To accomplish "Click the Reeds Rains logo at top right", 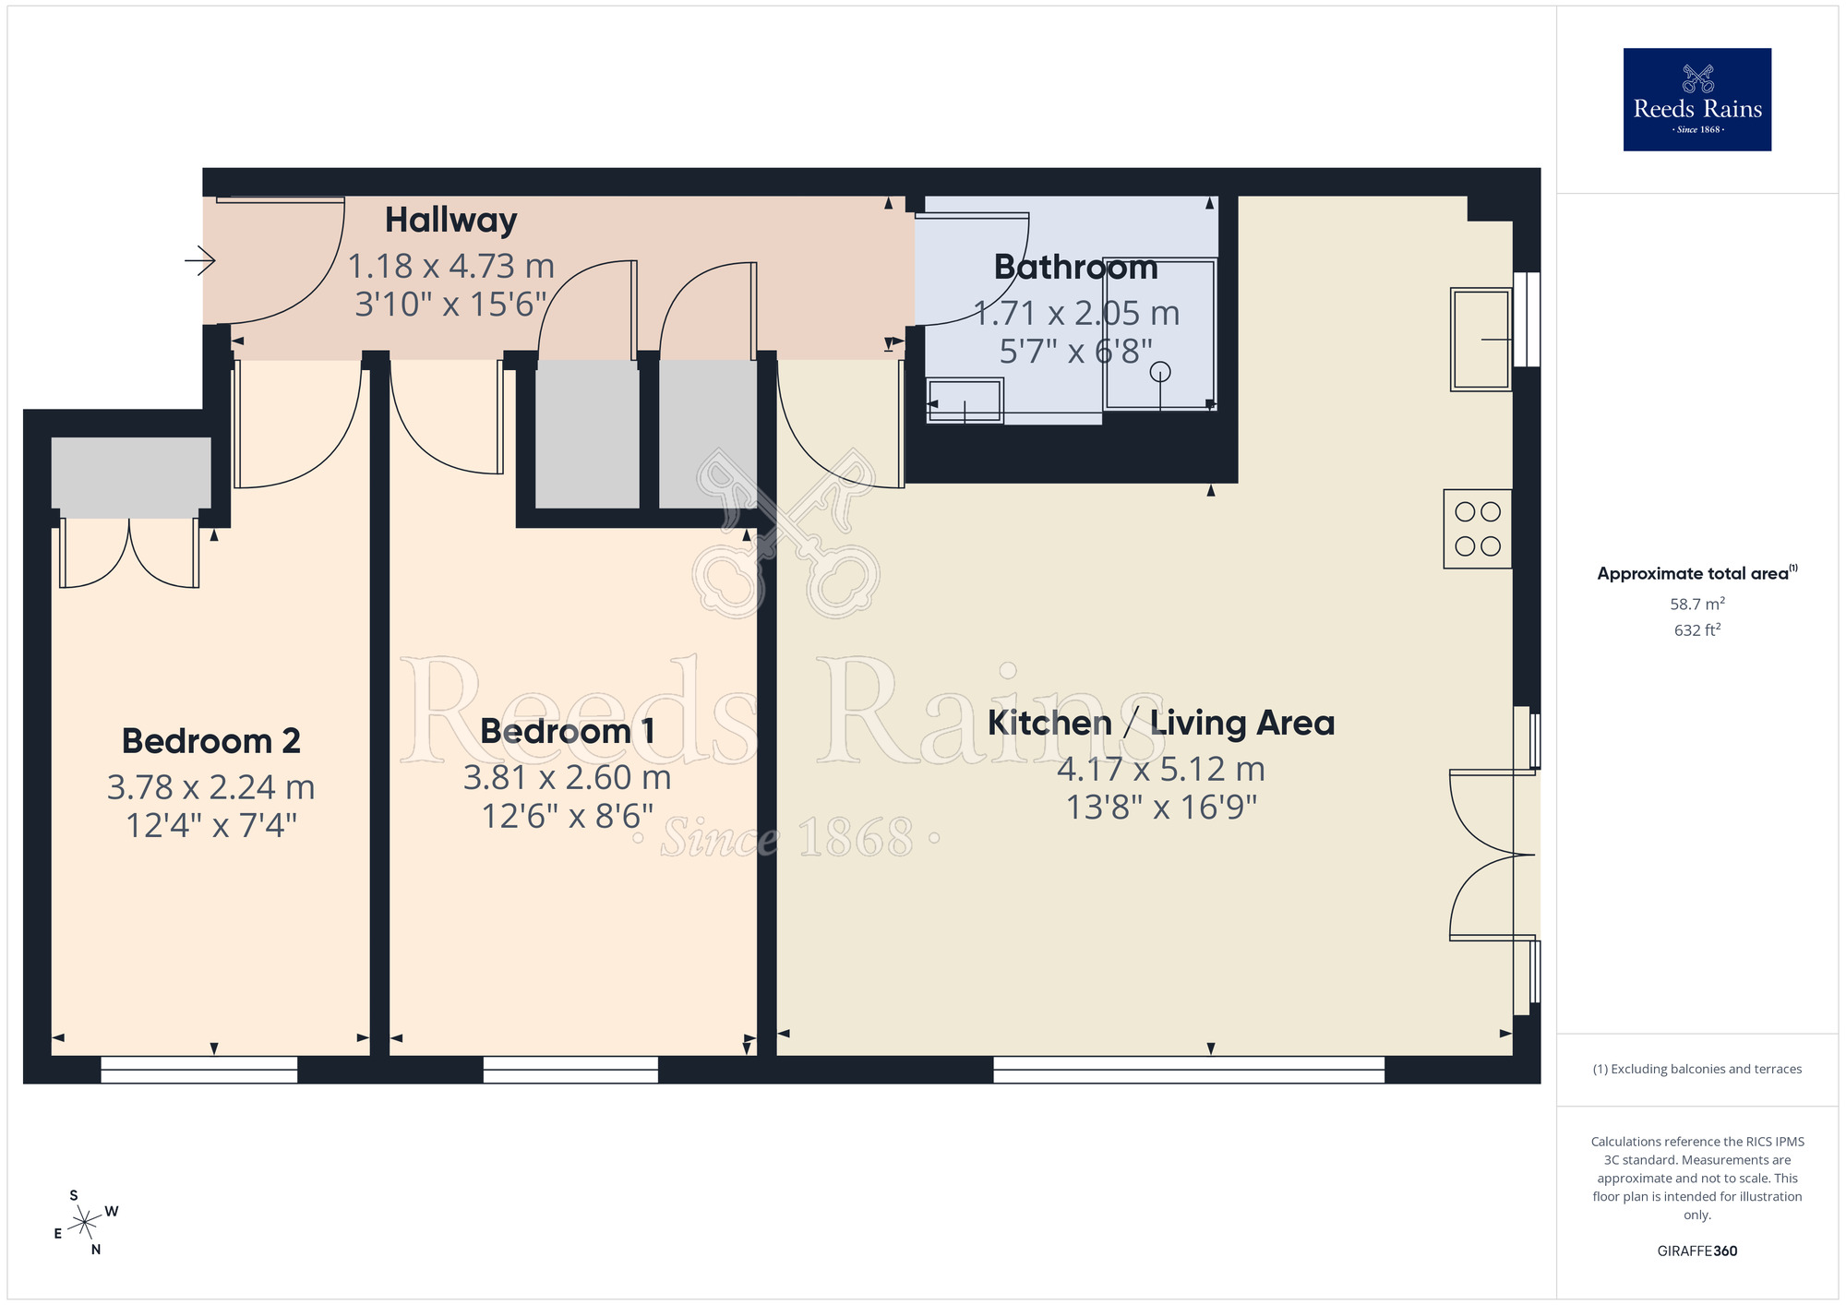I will coord(1696,100).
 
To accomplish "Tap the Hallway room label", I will coord(450,221).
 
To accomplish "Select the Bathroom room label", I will coord(1075,268).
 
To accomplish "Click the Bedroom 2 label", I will coord(211,741).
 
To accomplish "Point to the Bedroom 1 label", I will coord(568,732).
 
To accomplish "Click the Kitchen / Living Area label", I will coord(1161,724).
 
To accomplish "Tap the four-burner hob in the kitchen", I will coord(1477,529).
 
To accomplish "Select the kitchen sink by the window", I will coord(1480,340).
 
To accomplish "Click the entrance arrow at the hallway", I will coord(200,261).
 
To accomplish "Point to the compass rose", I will coord(85,1223).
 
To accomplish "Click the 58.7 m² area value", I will coord(1696,605).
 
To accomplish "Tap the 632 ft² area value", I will coord(1696,630).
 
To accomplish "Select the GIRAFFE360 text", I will coord(1696,1251).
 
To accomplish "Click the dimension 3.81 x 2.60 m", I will coord(568,778).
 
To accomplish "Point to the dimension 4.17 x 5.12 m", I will coord(1161,770).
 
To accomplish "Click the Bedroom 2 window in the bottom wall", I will coord(199,1070).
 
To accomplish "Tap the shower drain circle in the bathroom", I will coord(1160,372).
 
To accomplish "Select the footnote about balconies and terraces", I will coord(1696,1070).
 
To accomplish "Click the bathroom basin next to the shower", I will coord(965,401).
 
